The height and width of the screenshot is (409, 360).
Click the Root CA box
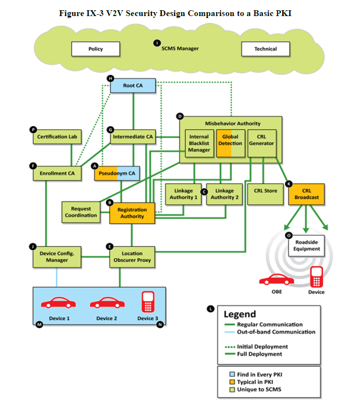tap(133, 86)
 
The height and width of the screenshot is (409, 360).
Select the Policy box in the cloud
tap(96, 49)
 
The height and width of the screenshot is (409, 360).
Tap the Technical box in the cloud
tap(266, 49)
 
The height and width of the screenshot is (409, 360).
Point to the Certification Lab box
tap(57, 137)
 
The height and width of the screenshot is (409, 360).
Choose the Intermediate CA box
tap(132, 137)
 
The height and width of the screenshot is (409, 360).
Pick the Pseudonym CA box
tap(117, 173)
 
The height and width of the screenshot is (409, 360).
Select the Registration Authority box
tap(132, 213)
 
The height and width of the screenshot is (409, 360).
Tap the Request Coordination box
tap(81, 212)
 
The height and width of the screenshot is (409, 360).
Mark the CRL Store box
tap(266, 191)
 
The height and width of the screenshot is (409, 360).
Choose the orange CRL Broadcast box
tap(306, 194)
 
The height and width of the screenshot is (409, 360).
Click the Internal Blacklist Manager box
tap(199, 143)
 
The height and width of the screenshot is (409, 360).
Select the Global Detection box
tap(230, 141)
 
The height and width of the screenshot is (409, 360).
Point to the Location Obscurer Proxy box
tap(132, 257)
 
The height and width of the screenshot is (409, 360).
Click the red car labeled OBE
tap(276, 280)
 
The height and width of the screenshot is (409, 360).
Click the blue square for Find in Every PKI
tap(232, 374)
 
